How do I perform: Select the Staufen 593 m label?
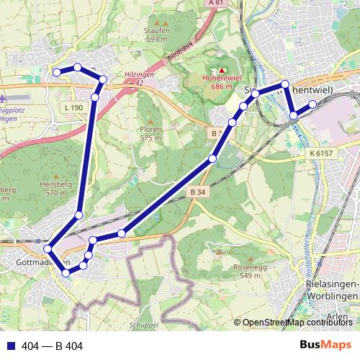tap(156, 35)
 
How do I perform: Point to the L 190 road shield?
tap(73, 107)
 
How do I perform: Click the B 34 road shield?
tap(199, 192)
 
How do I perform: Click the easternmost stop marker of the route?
tap(313, 104)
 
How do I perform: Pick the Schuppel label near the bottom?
tap(144, 325)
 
